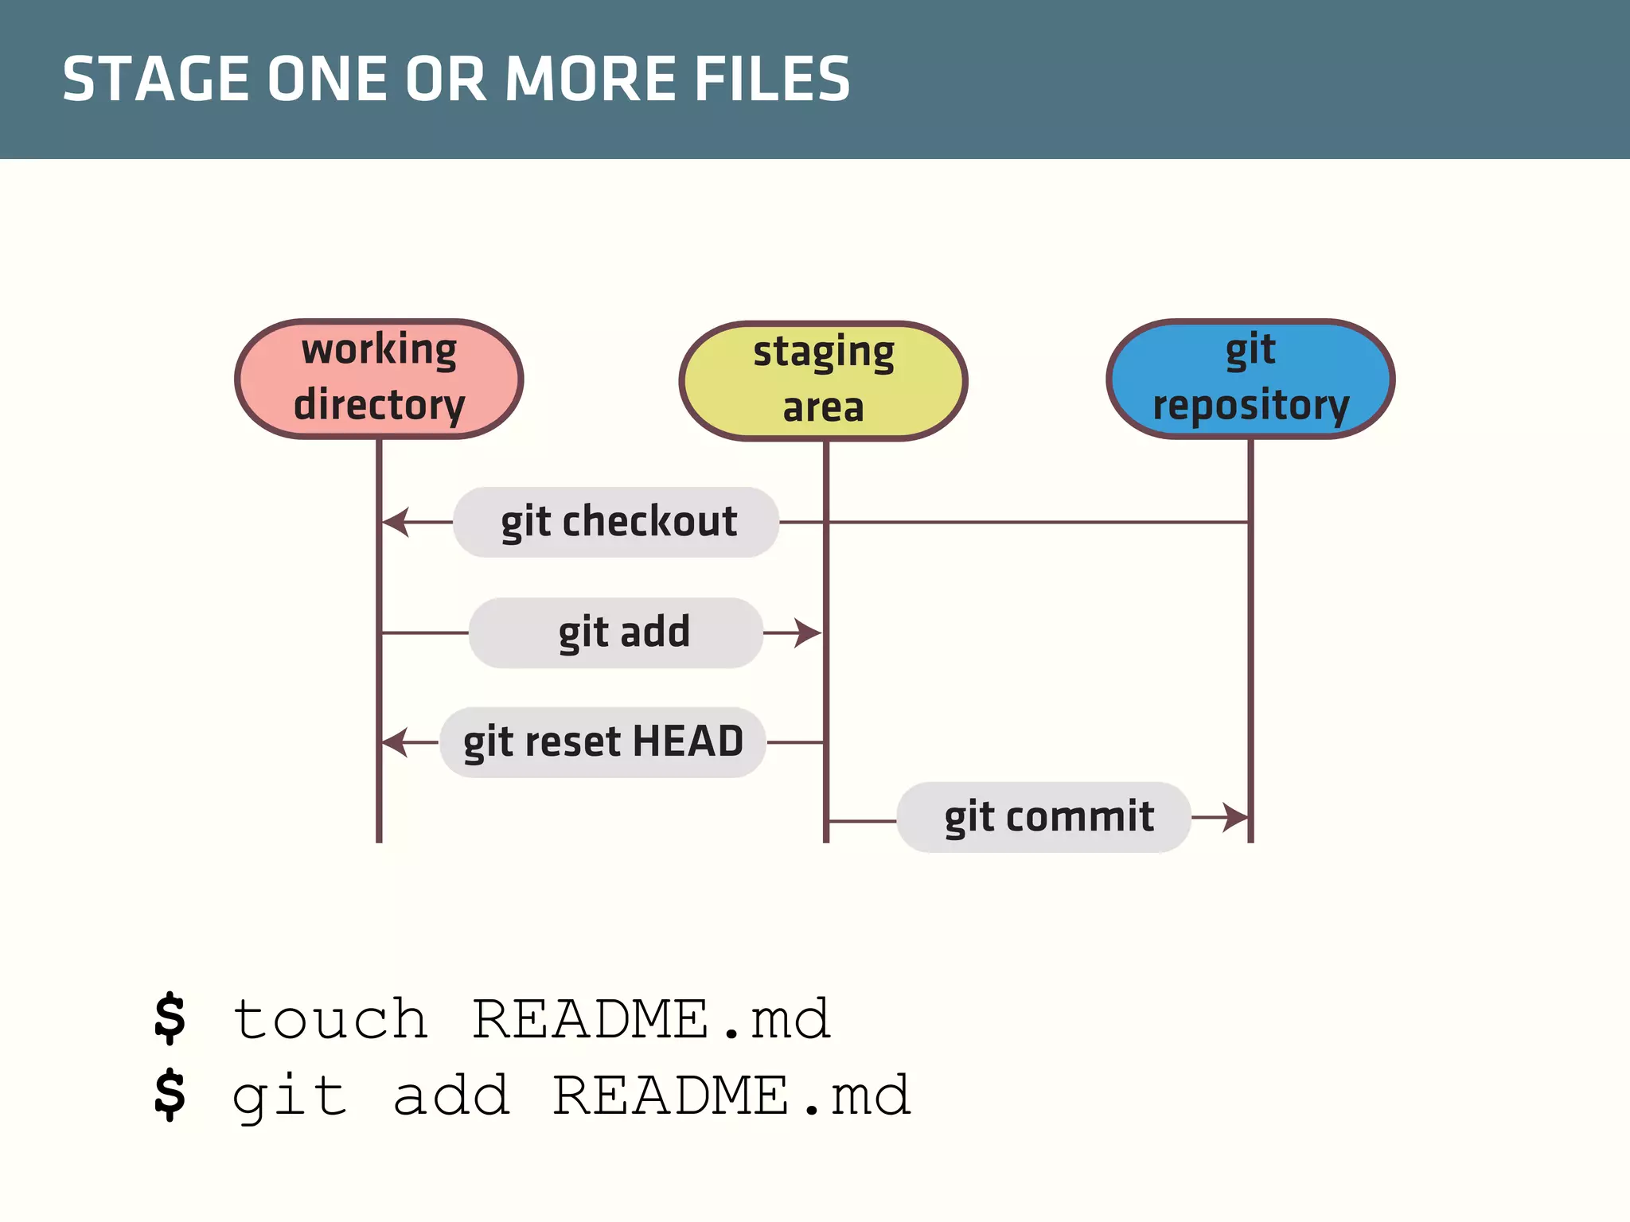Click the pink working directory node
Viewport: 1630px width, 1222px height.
coord(379,379)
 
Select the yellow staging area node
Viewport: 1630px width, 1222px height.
coord(823,380)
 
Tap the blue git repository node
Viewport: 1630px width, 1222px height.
coord(1250,379)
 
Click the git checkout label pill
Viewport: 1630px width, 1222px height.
coord(616,522)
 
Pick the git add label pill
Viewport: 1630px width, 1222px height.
coord(616,632)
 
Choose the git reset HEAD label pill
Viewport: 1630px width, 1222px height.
coord(602,742)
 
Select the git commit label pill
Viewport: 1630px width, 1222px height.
coord(1043,817)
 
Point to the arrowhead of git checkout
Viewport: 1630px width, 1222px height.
coord(396,522)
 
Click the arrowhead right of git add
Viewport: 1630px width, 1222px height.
coord(809,633)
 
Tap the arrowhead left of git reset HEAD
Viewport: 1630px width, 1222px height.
coord(396,742)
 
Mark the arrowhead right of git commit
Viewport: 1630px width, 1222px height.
coord(1236,817)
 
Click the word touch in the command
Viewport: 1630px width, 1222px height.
coord(330,1019)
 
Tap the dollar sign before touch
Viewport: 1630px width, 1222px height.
coord(170,1018)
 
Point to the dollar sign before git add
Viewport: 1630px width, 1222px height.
coord(170,1095)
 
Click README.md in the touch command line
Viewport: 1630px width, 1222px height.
coord(651,1019)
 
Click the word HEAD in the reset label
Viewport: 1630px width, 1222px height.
coord(688,741)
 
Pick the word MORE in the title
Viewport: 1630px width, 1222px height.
coord(592,79)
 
